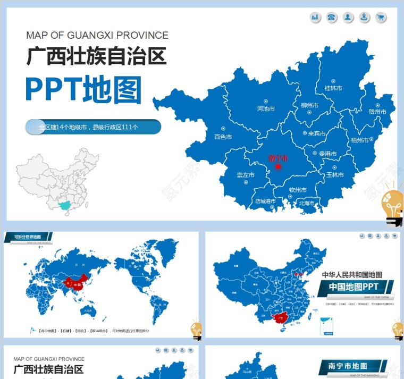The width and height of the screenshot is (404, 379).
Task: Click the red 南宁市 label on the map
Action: point(278,158)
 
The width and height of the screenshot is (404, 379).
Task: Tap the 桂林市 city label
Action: point(333,88)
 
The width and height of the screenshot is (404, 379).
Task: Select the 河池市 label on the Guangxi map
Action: point(266,108)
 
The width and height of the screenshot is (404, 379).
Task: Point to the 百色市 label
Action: point(223,137)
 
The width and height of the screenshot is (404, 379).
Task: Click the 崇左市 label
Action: point(245,175)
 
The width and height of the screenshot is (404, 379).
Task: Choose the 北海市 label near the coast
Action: point(307,203)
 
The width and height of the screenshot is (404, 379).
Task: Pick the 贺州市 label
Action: point(377,112)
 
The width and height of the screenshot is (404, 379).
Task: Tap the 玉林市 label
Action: point(335,175)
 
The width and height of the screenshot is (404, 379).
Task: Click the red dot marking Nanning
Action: point(277,167)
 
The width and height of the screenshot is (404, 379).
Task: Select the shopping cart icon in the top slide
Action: point(381,18)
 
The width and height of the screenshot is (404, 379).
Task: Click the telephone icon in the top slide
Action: point(332,18)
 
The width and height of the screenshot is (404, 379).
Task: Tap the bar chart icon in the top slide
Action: point(316,18)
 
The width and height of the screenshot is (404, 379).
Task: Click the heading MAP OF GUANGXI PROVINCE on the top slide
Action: point(97,36)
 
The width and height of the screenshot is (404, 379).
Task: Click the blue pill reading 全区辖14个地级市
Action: point(93,127)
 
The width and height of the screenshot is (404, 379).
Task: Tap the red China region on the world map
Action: point(75,284)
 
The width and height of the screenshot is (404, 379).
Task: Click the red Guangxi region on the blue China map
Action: point(277,317)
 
